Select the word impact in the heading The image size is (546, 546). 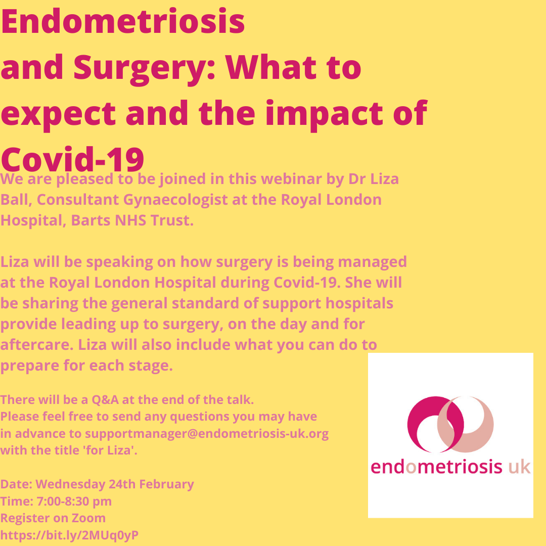pyautogui.click(x=324, y=114)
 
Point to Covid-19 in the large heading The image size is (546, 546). pyautogui.click(x=72, y=159)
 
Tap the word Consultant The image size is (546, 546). pyautogui.click(x=78, y=200)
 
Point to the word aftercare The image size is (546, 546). pyautogui.click(x=37, y=345)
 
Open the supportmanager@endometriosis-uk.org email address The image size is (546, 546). pyautogui.click(x=206, y=434)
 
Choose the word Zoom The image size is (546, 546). pyautogui.click(x=88, y=518)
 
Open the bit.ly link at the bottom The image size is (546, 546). pyautogui.click(x=69, y=535)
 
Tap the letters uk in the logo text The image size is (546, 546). pyautogui.click(x=520, y=467)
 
